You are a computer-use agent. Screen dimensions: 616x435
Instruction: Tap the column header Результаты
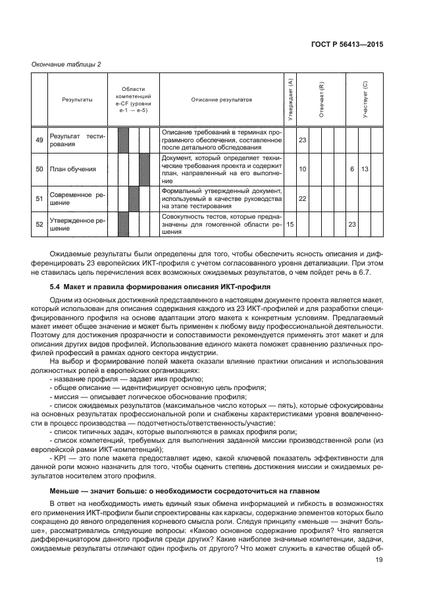77,99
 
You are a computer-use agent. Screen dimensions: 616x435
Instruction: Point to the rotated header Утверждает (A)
290,99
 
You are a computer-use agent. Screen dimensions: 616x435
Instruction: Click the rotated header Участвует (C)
365,99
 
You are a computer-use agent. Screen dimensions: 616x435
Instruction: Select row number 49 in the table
39,140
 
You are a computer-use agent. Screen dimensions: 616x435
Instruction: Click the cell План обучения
73,169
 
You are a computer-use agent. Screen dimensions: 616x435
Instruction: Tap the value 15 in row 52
290,224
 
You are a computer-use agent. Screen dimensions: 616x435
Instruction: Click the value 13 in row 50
364,169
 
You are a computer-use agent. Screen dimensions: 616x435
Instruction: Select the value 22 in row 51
303,198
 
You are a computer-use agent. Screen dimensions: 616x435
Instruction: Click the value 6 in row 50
352,169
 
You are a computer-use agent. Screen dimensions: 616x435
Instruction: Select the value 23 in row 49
303,140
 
